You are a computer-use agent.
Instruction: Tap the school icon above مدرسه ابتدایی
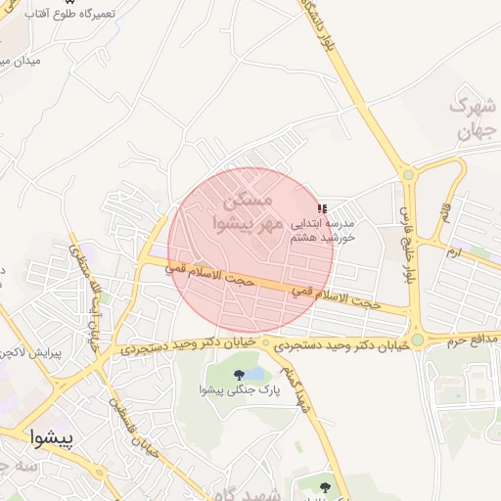pos(322,208)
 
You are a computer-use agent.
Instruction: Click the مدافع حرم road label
pos(473,340)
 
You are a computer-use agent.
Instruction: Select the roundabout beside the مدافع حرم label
pos(418,341)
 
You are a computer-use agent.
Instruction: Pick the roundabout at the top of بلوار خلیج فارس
pos(408,174)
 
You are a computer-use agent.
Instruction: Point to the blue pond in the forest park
pos(256,374)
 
